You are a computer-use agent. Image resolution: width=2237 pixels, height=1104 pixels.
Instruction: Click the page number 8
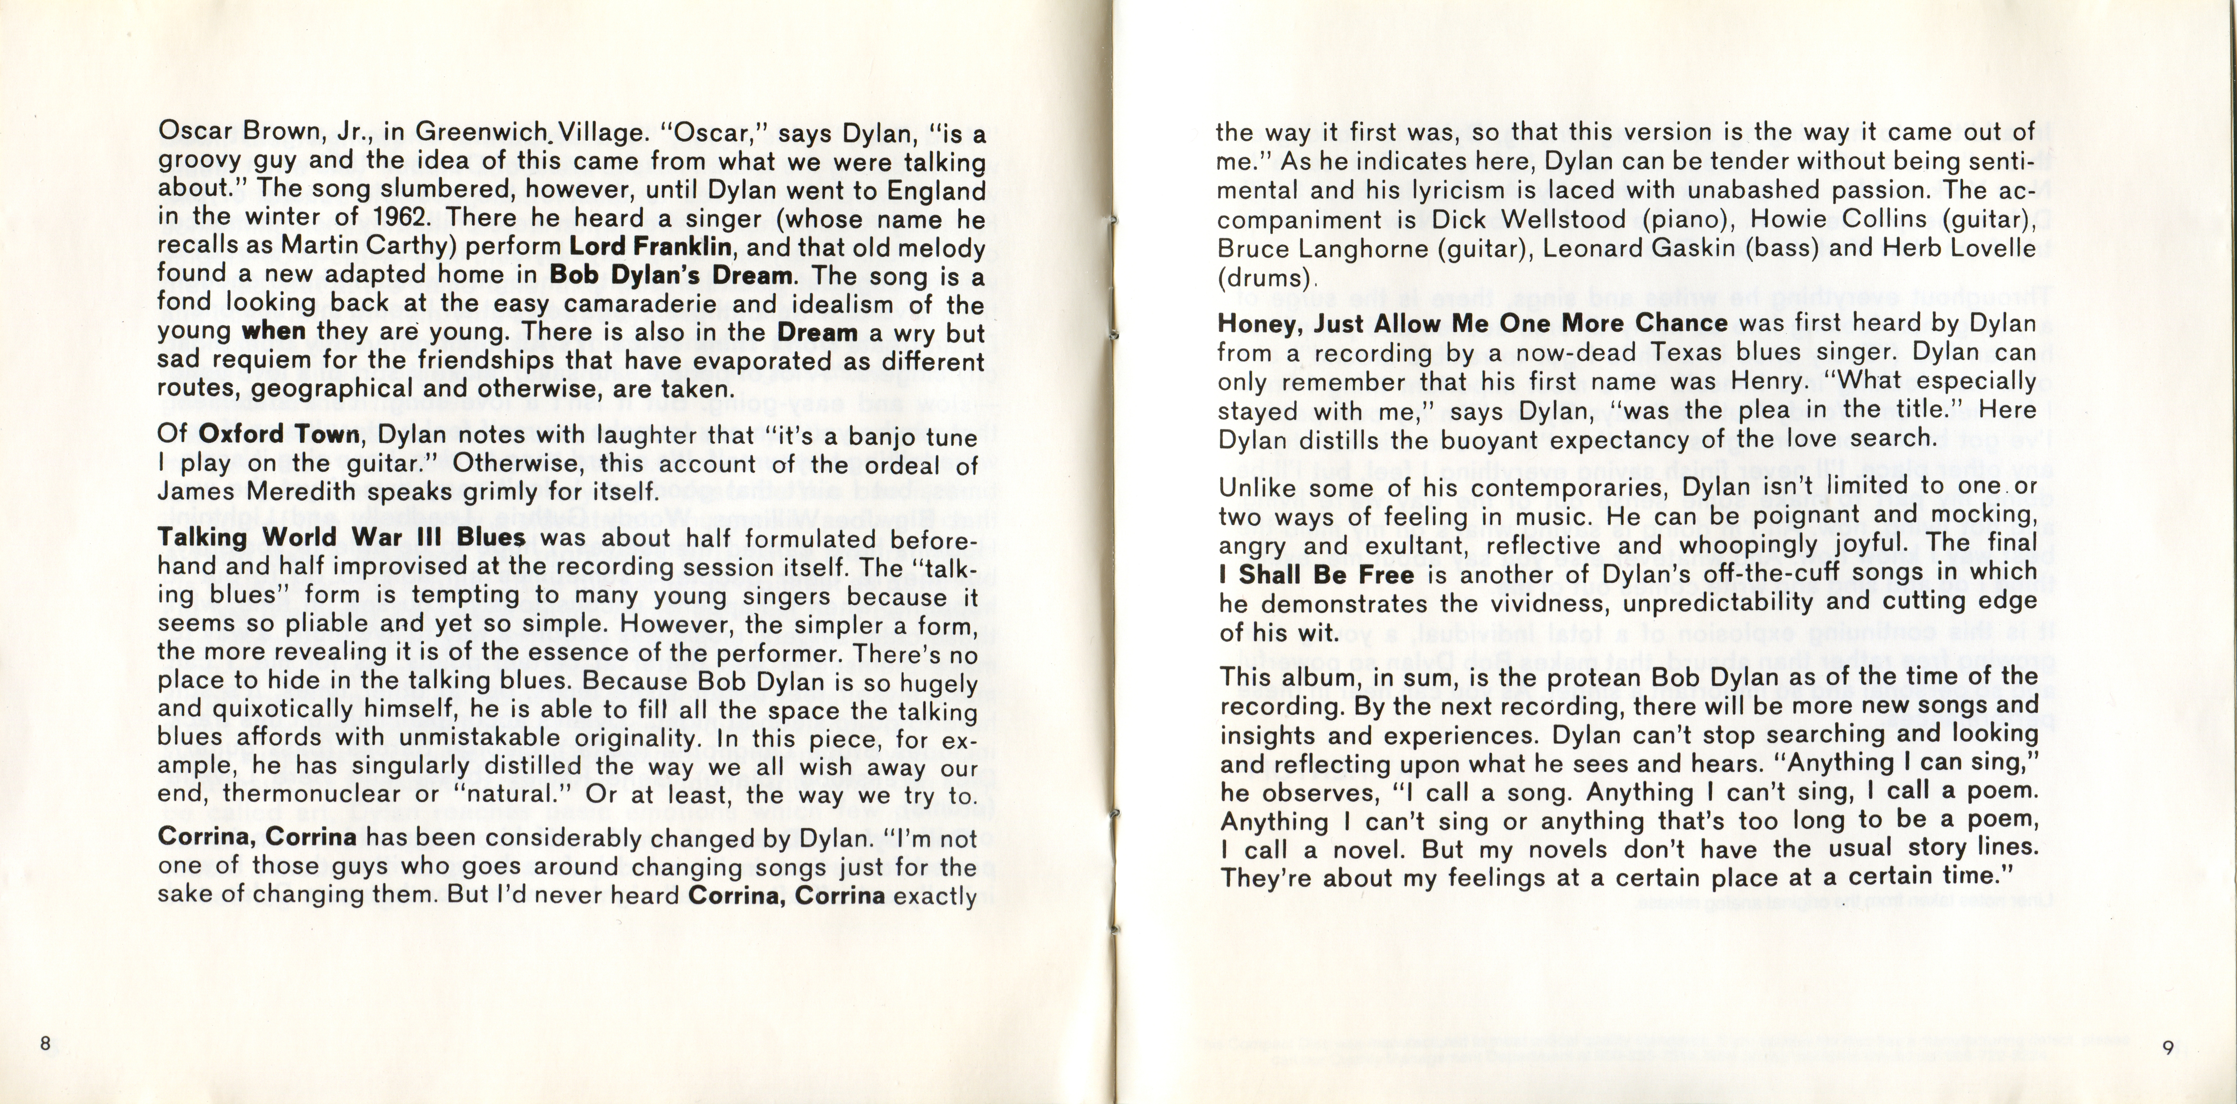46,1043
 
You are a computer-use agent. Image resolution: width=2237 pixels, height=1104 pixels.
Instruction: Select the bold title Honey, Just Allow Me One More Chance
1473,323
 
